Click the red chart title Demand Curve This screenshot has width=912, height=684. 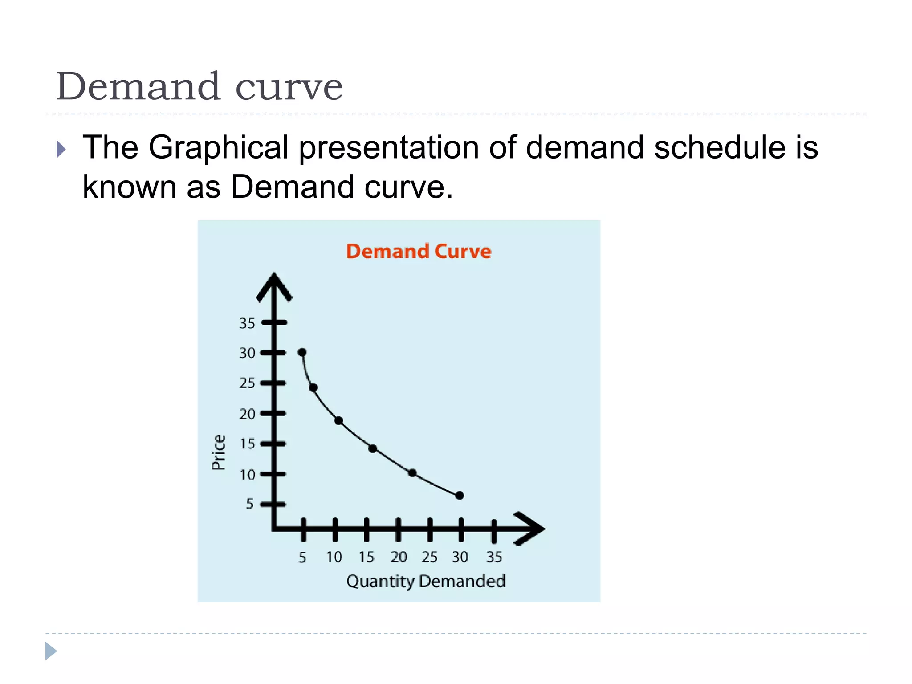(x=419, y=251)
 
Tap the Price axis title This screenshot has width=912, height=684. (x=218, y=452)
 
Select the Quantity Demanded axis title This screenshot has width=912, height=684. (x=426, y=581)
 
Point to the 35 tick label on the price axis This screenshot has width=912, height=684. (x=247, y=323)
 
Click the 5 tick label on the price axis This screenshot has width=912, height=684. (x=250, y=504)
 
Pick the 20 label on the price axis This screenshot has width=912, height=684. (x=247, y=414)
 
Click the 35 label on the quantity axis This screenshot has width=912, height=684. (x=494, y=557)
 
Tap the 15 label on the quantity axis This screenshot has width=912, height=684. (x=366, y=557)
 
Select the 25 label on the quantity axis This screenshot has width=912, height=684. (x=429, y=557)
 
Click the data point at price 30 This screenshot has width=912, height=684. (x=302, y=353)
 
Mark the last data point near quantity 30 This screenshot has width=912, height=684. (x=460, y=495)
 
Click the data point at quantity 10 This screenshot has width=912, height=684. (x=338, y=420)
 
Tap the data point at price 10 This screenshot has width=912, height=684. (x=412, y=473)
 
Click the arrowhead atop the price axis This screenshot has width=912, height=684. (x=274, y=285)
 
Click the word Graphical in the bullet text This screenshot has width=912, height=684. (x=219, y=147)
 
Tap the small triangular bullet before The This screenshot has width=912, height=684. (x=61, y=149)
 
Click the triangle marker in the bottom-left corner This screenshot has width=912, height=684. (x=50, y=651)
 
